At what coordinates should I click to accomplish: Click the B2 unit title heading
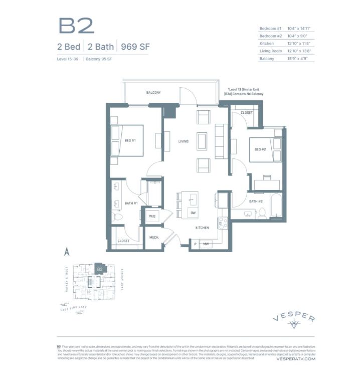coord(76,26)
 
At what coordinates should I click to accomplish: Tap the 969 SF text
coord(135,48)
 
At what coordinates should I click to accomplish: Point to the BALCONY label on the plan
coord(153,93)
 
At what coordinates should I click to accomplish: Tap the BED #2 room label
coord(260,149)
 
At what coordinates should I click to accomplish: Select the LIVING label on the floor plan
coord(184,141)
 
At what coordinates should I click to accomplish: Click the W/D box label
coord(152,217)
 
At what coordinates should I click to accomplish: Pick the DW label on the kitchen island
coord(193,213)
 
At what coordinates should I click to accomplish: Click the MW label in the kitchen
coord(206,244)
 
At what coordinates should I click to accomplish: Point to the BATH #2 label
coord(256,202)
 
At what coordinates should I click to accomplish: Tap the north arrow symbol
coord(65,251)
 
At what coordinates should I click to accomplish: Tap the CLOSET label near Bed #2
coord(246,113)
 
